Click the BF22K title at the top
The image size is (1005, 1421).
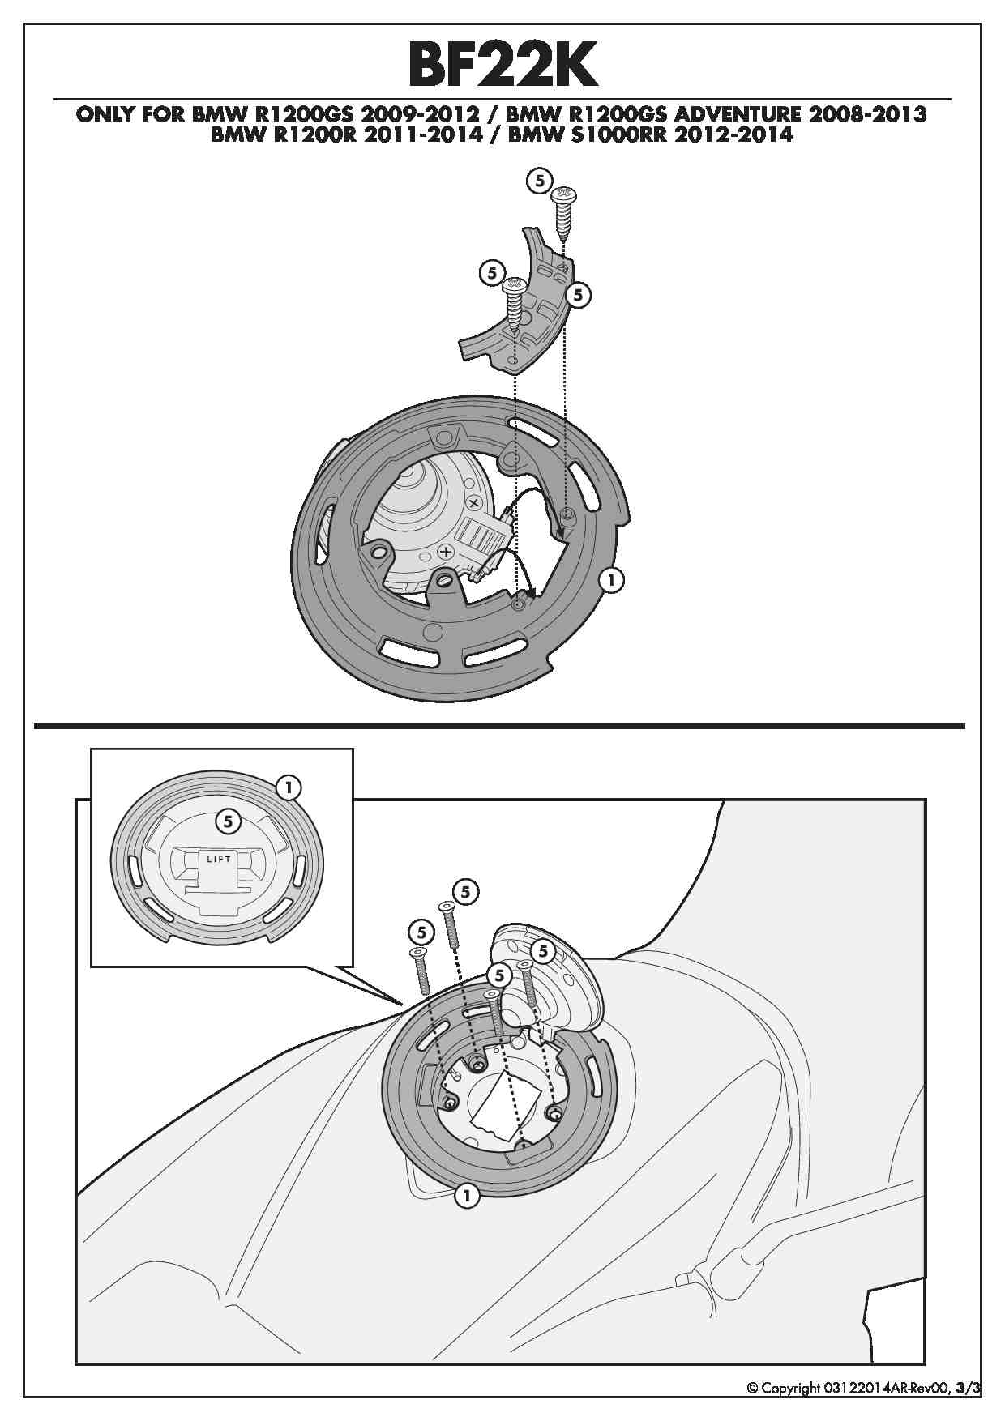(502, 65)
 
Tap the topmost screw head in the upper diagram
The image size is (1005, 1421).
(563, 195)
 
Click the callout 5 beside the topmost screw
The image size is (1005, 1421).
(540, 180)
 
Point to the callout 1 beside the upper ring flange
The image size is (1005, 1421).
(611, 579)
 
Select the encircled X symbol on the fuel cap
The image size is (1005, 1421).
(476, 502)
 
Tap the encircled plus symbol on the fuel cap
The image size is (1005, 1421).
(445, 552)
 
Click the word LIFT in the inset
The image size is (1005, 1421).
(219, 859)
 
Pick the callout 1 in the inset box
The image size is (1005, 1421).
(289, 787)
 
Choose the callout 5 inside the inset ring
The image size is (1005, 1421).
(228, 821)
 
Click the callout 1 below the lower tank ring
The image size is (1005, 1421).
(466, 1195)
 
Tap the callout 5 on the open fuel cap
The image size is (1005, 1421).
(542, 951)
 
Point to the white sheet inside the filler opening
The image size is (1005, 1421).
(507, 1106)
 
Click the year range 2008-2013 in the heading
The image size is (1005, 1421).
(868, 114)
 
